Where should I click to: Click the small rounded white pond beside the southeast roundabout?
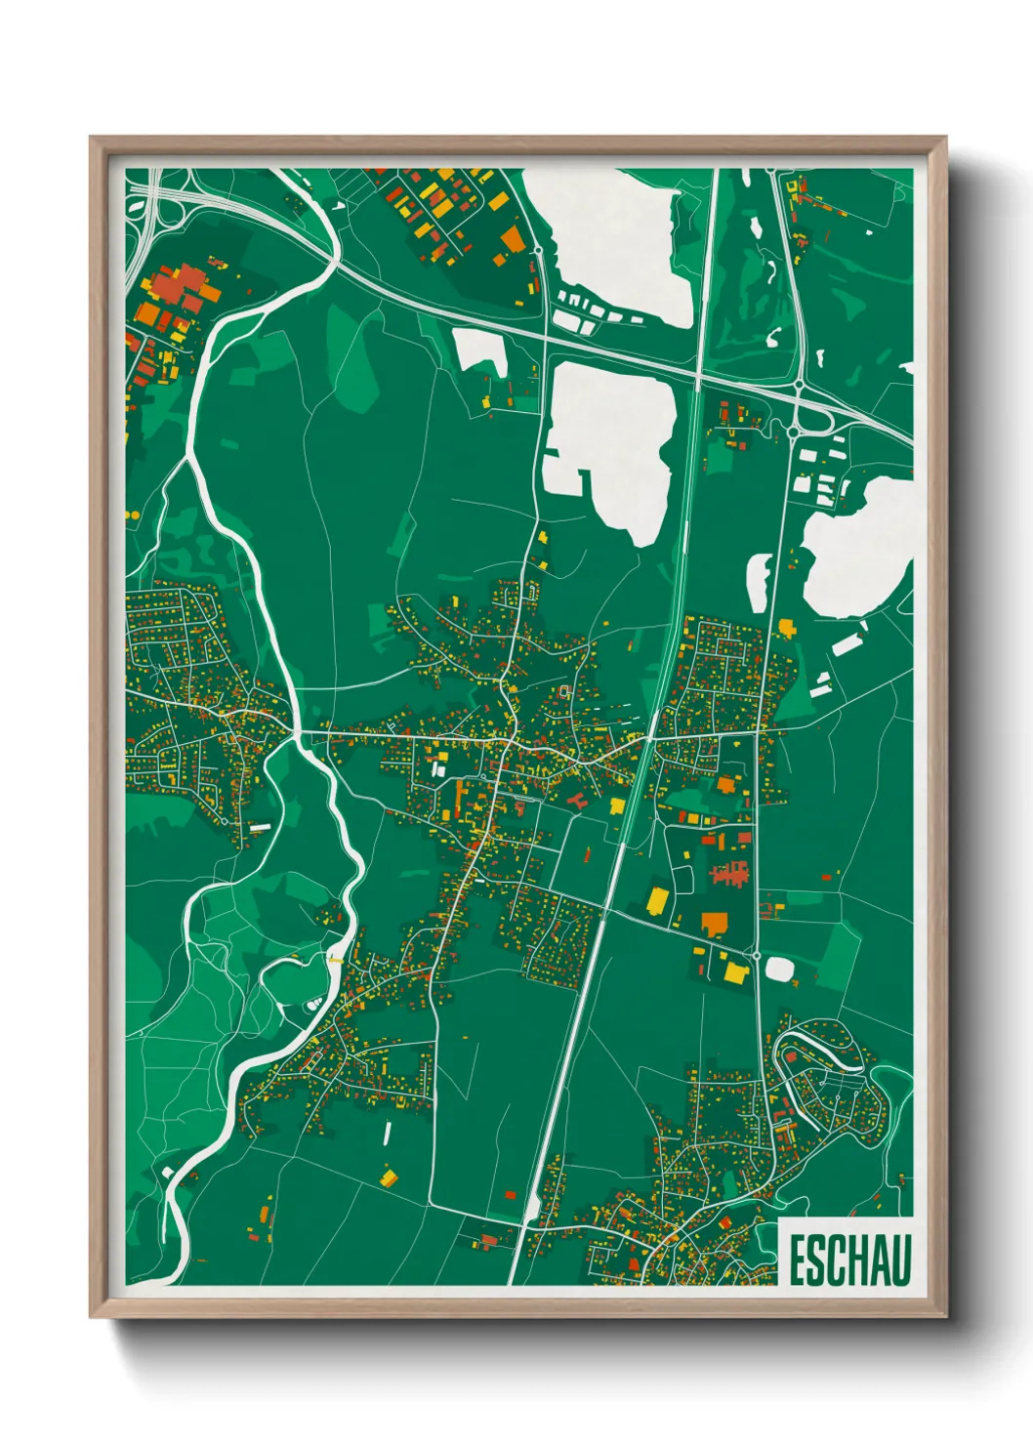click(780, 970)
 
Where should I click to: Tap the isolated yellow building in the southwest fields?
click(389, 1177)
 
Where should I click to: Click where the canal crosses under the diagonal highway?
click(699, 374)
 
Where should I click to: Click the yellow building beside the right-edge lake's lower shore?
click(785, 626)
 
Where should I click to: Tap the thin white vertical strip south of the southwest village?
click(388, 1133)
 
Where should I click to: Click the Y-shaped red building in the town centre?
click(575, 800)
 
